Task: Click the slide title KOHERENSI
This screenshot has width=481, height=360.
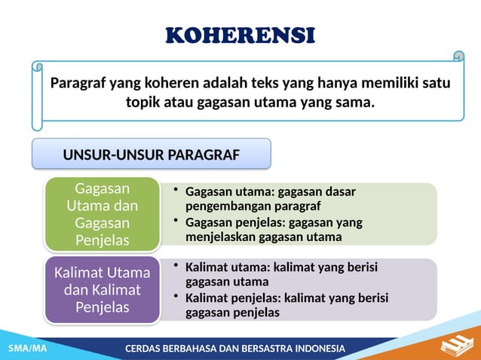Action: tap(240, 35)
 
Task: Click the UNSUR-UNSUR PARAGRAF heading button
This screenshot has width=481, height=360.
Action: tap(151, 154)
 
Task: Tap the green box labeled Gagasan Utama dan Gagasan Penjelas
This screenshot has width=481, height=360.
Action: tap(102, 214)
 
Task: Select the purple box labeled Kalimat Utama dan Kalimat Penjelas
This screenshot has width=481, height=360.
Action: tap(102, 289)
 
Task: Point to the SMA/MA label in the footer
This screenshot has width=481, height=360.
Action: tap(27, 349)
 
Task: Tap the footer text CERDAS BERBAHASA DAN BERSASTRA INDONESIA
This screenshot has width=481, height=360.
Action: tap(234, 349)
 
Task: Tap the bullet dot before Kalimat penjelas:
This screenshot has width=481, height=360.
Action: tap(176, 298)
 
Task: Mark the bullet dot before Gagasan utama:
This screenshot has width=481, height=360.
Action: tap(176, 190)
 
